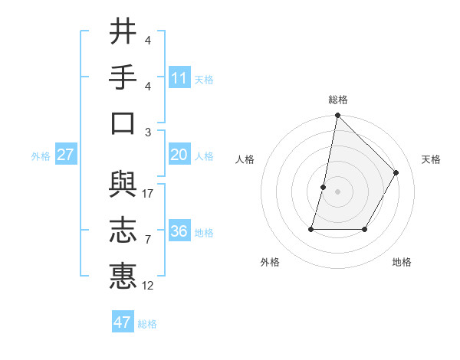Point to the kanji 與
123,185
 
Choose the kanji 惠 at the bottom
123,276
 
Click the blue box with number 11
179,78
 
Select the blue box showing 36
179,232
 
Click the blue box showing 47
123,322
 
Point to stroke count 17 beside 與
148,194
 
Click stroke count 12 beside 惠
148,286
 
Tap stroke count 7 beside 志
147,240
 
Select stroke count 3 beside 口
147,132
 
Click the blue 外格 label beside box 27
41,156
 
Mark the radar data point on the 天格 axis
396,172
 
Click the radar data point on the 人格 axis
324,187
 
